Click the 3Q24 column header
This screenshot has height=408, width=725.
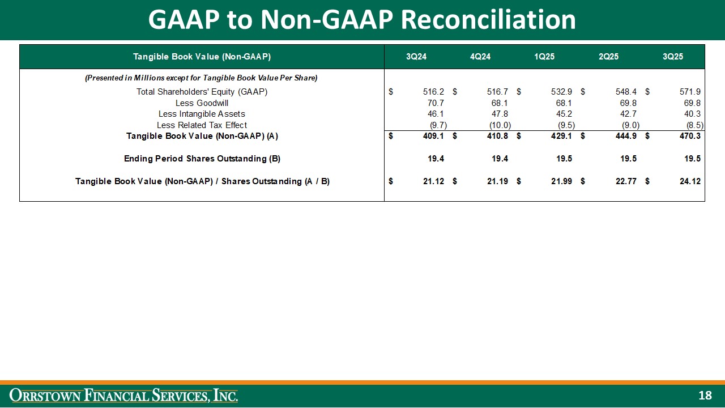click(416, 57)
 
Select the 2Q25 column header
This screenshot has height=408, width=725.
click(609, 57)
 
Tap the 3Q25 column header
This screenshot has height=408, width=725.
click(673, 57)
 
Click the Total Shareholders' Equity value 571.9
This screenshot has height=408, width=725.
click(689, 92)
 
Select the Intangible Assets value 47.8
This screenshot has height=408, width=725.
click(500, 114)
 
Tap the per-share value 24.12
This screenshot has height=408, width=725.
click(689, 181)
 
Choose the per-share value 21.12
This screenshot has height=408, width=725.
click(433, 181)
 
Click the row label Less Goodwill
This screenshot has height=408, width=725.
click(202, 103)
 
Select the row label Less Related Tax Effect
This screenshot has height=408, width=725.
click(202, 125)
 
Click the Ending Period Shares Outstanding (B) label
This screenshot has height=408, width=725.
click(202, 159)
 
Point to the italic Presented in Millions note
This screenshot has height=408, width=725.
click(201, 78)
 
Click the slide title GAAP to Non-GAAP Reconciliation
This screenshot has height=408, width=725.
click(362, 20)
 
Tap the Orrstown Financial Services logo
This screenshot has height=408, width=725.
click(124, 396)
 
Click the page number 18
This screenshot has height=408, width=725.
click(705, 396)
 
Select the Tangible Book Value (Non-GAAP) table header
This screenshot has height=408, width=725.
click(202, 57)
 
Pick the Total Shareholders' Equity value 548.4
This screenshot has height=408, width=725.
click(625, 92)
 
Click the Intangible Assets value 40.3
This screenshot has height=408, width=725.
click(692, 114)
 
